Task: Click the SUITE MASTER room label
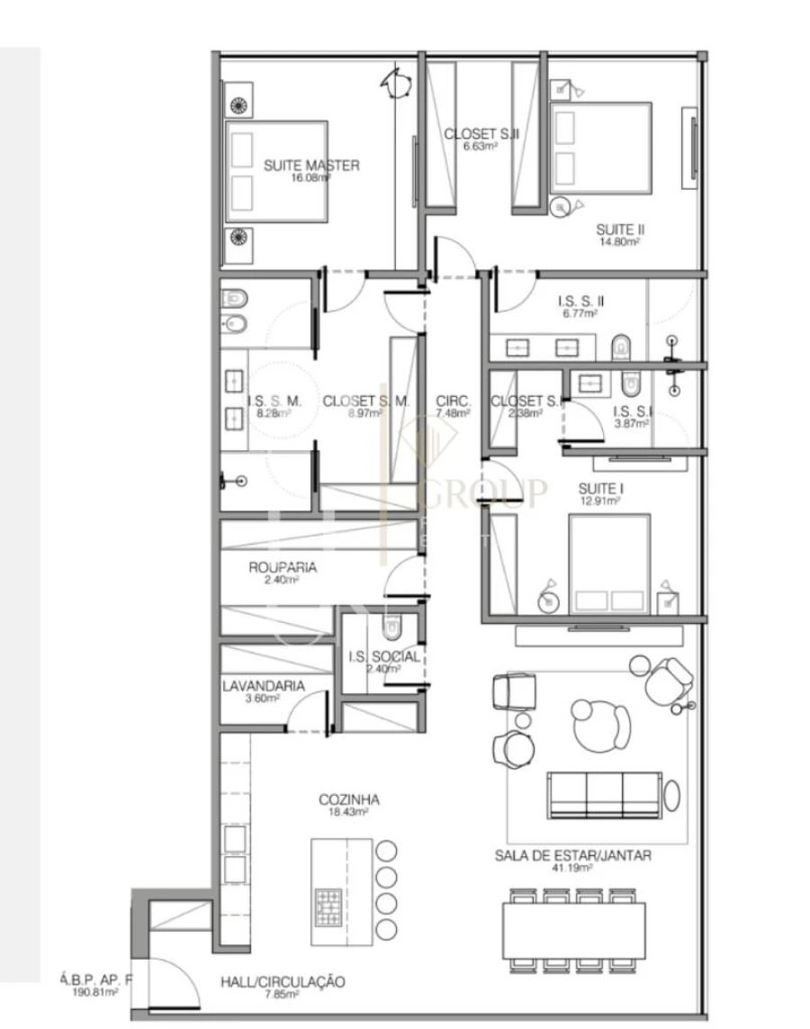pos(311,165)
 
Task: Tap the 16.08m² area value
pos(311,178)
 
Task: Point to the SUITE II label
pos(621,229)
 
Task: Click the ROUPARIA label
pos(283,568)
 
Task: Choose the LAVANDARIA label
pos(264,685)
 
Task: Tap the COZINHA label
pos(349,799)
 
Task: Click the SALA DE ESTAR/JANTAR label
pos(573,855)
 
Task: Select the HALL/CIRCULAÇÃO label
pos(283,981)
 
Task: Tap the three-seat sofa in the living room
pos(605,793)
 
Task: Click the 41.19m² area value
pos(573,869)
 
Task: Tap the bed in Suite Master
pos(276,171)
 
